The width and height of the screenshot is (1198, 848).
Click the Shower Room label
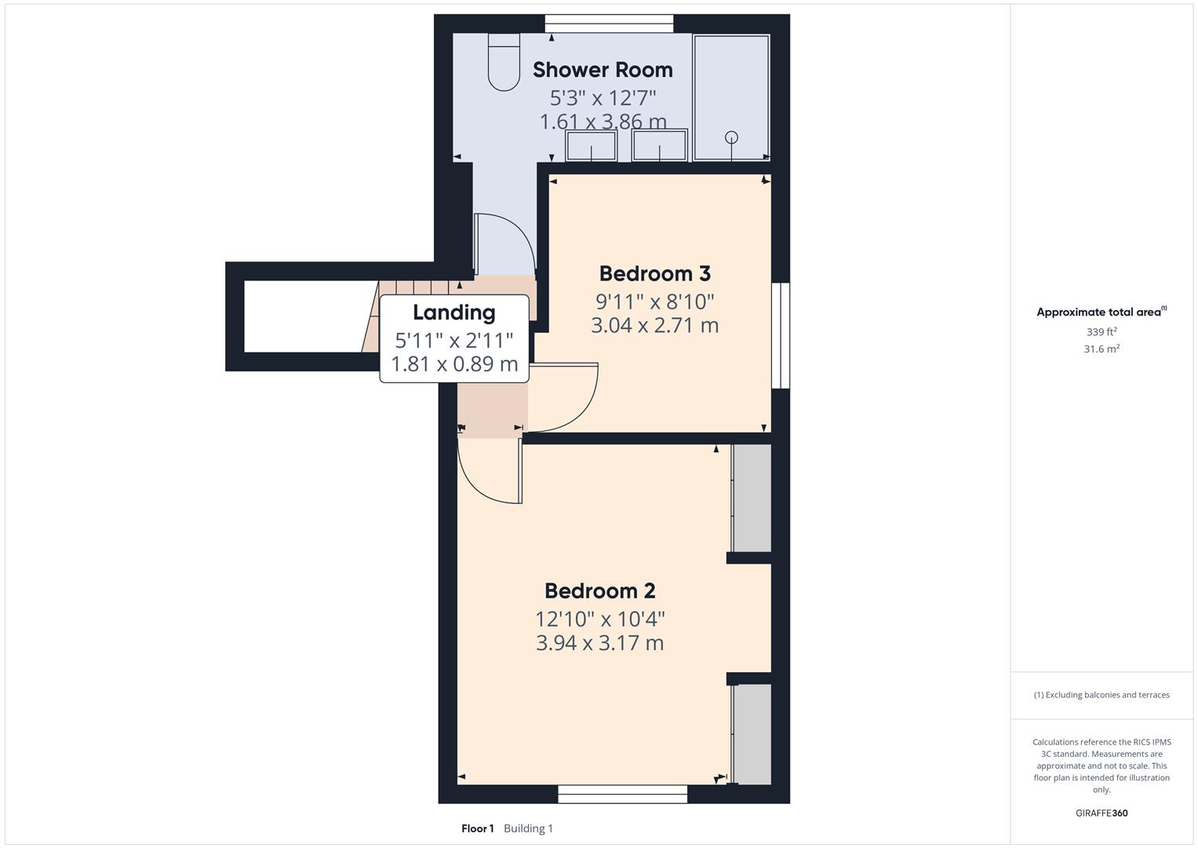603,70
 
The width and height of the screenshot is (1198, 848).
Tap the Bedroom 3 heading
654,274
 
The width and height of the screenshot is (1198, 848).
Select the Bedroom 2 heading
599,591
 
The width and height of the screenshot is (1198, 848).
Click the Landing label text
453,313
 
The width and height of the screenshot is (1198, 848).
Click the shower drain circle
731,137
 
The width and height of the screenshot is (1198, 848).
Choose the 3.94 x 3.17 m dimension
599,643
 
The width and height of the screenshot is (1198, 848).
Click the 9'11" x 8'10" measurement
654,302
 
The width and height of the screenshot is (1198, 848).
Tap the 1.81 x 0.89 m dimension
454,364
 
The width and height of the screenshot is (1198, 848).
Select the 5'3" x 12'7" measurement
603,98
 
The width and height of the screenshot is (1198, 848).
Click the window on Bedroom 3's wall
780,335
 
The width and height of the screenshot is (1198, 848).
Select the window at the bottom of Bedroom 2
622,794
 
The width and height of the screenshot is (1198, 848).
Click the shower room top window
609,24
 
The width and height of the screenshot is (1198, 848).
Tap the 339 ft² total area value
1102,332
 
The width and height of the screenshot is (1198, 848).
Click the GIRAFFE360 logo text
1102,813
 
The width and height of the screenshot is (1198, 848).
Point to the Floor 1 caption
477,828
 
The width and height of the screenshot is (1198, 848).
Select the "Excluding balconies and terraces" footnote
1102,695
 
